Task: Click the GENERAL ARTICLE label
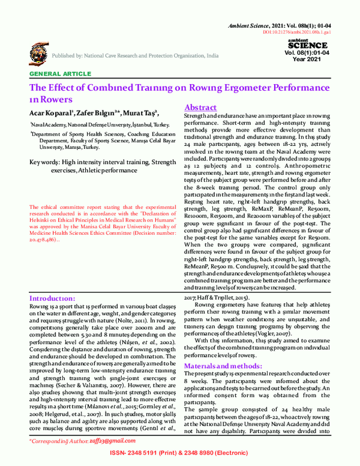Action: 56,74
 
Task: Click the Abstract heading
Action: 204,106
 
